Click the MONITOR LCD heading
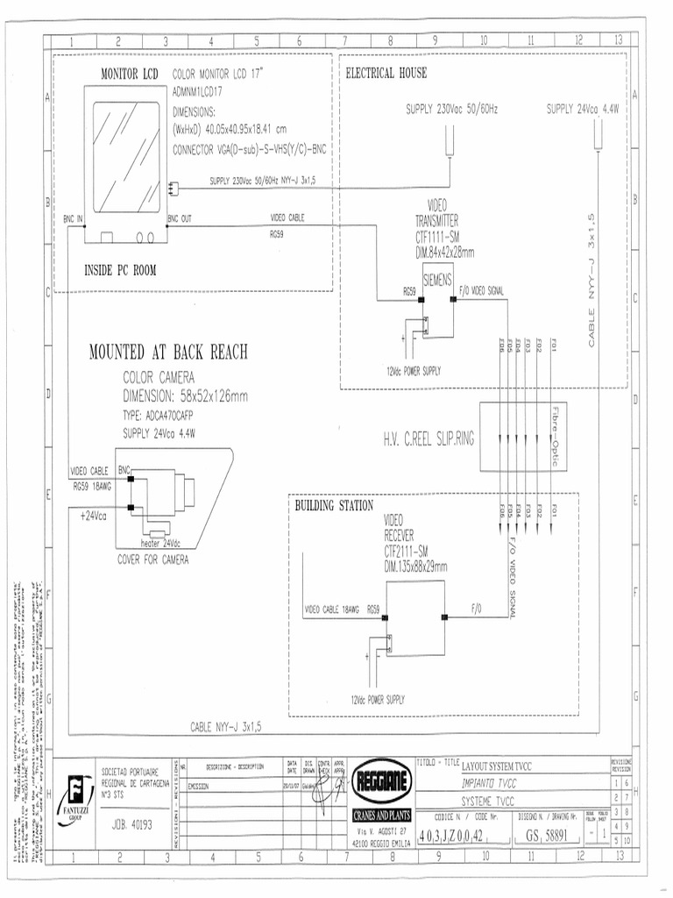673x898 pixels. pyautogui.click(x=130, y=75)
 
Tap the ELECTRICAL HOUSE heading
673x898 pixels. pyautogui.click(x=386, y=72)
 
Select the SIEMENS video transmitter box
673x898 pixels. pyautogui.click(x=437, y=281)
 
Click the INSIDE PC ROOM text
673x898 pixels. pyautogui.click(x=120, y=270)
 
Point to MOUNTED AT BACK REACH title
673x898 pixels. pyautogui.click(x=168, y=353)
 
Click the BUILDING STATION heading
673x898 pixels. pyautogui.click(x=334, y=506)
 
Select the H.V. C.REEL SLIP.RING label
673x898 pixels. pyautogui.click(x=428, y=438)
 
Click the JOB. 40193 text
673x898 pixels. pyautogui.click(x=132, y=824)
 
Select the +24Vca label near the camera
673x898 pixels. pyautogui.click(x=93, y=516)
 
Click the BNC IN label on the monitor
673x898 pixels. pyautogui.click(x=73, y=217)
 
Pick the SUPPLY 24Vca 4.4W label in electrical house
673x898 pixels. pyautogui.click(x=583, y=110)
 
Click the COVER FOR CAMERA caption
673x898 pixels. pyautogui.click(x=153, y=559)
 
